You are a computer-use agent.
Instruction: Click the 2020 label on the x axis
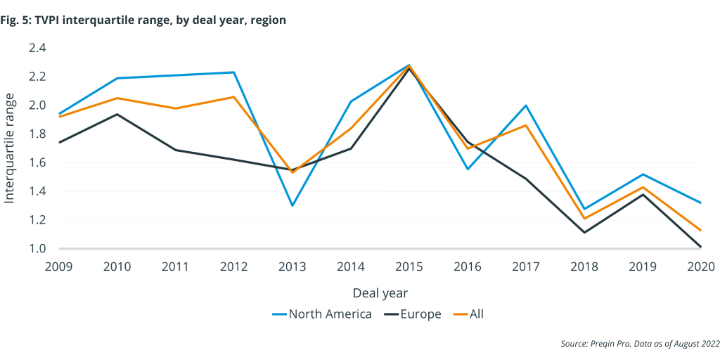[x=700, y=267]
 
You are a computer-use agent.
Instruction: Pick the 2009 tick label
[x=60, y=267]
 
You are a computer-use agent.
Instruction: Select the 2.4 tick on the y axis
[x=37, y=48]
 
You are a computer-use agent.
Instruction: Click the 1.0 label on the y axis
[x=37, y=248]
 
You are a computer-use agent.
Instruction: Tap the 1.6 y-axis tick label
[x=37, y=162]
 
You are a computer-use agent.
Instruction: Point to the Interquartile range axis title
[x=10, y=148]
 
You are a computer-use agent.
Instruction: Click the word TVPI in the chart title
[x=56, y=20]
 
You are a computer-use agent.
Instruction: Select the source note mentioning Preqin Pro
[x=640, y=343]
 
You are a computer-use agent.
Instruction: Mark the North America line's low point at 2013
[x=292, y=205]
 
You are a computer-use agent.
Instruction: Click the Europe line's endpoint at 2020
[x=700, y=247]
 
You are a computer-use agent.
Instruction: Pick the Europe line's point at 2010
[x=117, y=114]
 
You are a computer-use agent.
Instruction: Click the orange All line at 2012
[x=233, y=97]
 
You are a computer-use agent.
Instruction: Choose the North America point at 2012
[x=233, y=72]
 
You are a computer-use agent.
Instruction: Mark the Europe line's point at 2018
[x=584, y=232]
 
